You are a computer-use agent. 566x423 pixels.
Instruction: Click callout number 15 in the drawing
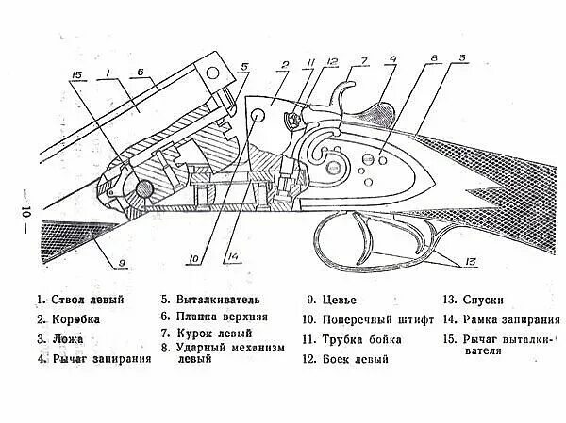click(x=77, y=75)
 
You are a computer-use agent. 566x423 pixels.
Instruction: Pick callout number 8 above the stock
click(x=434, y=58)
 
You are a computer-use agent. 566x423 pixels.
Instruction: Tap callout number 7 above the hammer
click(x=363, y=62)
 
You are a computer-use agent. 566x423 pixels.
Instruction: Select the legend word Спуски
click(x=484, y=301)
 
